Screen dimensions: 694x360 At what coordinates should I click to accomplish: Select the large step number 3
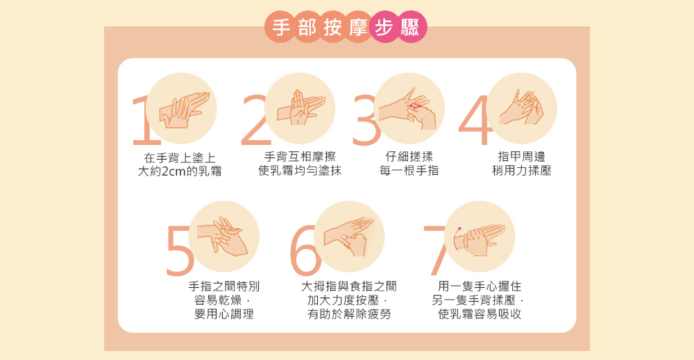coord(365,120)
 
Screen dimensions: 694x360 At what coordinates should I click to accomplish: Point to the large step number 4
coord(475,120)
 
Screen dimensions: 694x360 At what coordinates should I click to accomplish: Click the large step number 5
coord(179,250)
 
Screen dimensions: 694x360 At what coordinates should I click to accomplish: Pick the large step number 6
coord(305,250)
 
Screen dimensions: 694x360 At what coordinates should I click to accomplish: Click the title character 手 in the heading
coord(281,28)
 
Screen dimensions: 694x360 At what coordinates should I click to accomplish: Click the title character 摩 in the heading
coord(358,28)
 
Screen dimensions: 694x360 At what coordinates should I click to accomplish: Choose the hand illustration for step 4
coord(521,108)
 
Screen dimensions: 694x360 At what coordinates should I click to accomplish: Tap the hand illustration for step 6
coord(349,237)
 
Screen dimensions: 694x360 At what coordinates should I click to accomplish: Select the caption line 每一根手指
coord(409,171)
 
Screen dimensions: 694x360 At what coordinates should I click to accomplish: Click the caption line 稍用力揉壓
coord(522,171)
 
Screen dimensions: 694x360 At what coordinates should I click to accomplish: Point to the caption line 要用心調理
coord(224,314)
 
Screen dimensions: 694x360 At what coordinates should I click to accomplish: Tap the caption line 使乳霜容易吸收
coord(480,314)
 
